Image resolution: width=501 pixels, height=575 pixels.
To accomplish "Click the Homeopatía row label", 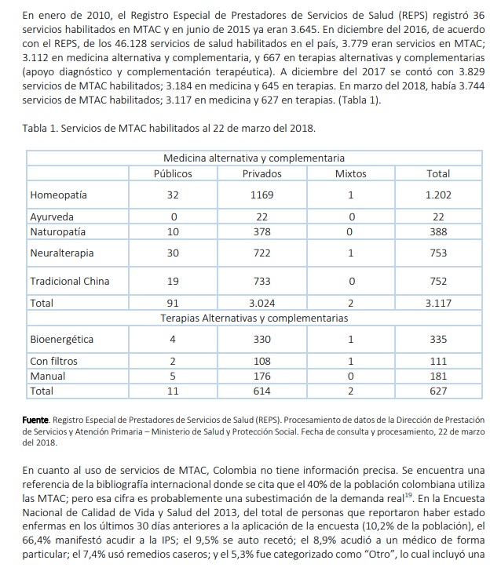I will [x=58, y=195].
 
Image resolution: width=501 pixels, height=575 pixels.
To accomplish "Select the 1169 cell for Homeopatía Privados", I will [x=262, y=195].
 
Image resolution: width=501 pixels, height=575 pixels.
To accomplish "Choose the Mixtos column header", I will [x=350, y=173].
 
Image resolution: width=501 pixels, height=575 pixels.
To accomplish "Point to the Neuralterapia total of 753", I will [x=438, y=253].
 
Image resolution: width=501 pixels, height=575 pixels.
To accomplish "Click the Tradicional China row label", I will [x=69, y=281].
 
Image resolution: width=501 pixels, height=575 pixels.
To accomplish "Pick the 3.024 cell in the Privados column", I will [x=262, y=302].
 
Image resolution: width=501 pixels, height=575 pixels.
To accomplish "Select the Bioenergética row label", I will [x=61, y=340].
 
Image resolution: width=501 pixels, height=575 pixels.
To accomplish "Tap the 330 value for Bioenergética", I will [x=262, y=340].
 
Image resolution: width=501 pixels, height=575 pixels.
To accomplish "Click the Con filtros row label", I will [x=52, y=361].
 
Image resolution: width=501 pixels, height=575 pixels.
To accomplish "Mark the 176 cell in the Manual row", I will [x=262, y=375].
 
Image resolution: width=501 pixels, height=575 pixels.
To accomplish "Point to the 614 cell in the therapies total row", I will [x=262, y=390].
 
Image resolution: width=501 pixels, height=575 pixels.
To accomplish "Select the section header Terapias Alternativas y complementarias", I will [x=254, y=318].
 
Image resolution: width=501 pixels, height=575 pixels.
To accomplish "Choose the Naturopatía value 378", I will [x=262, y=231].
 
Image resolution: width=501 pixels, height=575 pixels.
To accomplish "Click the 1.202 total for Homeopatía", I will [x=438, y=195].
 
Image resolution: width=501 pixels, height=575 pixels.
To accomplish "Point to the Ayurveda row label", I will [x=52, y=217].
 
